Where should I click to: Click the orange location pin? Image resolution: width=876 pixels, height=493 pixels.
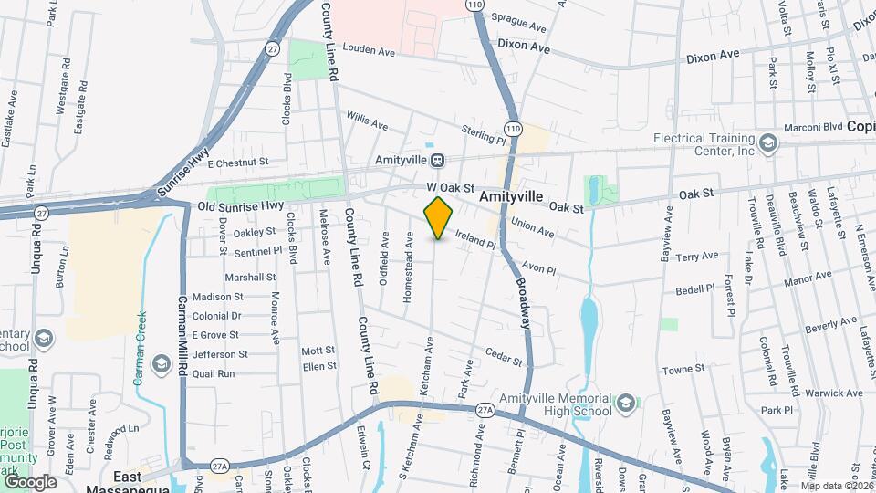click(x=439, y=217)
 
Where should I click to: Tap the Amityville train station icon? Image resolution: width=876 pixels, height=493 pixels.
click(x=439, y=160)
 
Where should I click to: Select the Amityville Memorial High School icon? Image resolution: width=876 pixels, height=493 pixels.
click(x=626, y=403)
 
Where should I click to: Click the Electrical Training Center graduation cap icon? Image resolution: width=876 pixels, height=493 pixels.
click(x=768, y=142)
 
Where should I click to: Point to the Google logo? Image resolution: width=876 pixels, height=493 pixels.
click(x=30, y=481)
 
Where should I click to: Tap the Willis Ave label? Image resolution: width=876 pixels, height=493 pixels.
click(x=367, y=121)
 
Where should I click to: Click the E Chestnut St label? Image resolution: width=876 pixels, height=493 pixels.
click(x=237, y=163)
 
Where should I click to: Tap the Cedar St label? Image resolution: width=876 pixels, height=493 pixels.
click(x=504, y=356)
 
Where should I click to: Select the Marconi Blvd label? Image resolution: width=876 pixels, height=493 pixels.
click(x=817, y=127)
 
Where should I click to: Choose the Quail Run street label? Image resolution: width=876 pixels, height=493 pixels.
click(x=214, y=373)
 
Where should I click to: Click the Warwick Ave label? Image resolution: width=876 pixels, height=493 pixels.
click(x=835, y=394)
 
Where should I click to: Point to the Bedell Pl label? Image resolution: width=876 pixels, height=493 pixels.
click(x=695, y=288)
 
